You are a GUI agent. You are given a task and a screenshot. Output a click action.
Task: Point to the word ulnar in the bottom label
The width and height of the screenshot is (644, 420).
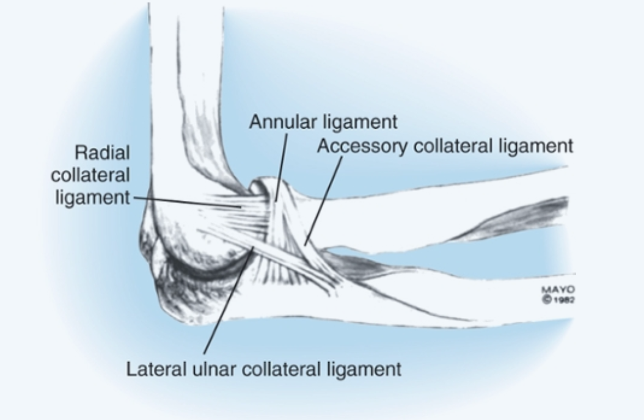point(197,370)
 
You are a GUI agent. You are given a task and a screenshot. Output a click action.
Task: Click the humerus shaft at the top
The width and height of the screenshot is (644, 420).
point(183,92)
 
